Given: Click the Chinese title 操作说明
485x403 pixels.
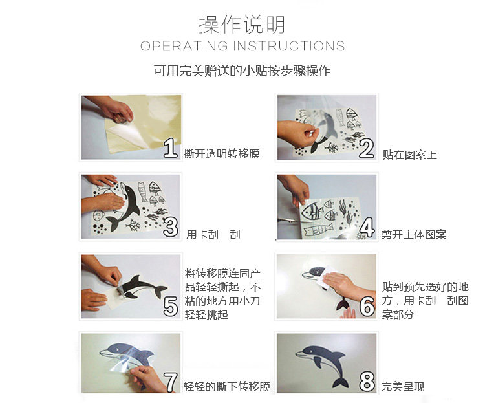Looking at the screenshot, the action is pyautogui.click(x=242, y=24).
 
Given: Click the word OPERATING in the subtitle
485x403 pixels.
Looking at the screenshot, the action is pyautogui.click(x=184, y=46).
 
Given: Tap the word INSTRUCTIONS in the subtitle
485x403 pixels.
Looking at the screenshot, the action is pyautogui.click(x=289, y=46).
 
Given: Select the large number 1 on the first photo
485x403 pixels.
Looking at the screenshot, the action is pyautogui.click(x=171, y=148).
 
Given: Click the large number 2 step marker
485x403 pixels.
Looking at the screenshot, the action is pyautogui.click(x=367, y=149).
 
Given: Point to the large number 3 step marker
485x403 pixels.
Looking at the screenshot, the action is pyautogui.click(x=171, y=228).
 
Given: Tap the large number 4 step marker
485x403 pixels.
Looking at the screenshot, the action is pyautogui.click(x=367, y=228).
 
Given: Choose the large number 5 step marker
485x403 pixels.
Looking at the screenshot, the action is pyautogui.click(x=171, y=307).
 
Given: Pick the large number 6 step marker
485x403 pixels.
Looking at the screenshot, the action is pyautogui.click(x=367, y=307).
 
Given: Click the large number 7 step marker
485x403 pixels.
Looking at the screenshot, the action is pyautogui.click(x=171, y=382).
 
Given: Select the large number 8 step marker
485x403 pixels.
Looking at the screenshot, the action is pyautogui.click(x=367, y=382).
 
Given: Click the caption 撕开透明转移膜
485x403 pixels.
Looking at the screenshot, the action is pyautogui.click(x=222, y=154).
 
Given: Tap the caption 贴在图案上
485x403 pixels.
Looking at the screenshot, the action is pyautogui.click(x=409, y=155).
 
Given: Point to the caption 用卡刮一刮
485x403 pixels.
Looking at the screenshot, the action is pyautogui.click(x=213, y=235).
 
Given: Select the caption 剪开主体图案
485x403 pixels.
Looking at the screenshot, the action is pyautogui.click(x=414, y=235).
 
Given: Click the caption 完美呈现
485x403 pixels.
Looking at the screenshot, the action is pyautogui.click(x=403, y=387).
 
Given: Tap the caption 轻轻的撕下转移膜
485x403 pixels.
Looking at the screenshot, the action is pyautogui.click(x=227, y=387).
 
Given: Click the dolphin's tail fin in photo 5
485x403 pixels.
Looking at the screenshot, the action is pyautogui.click(x=160, y=291).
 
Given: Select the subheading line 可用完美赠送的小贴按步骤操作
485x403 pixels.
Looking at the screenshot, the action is pyautogui.click(x=242, y=71).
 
